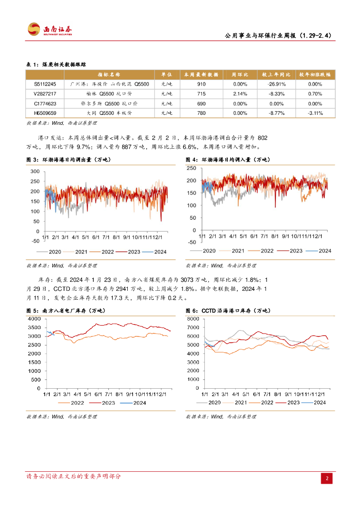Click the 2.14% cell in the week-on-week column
coord(240,93)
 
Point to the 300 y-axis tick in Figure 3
coord(35,171)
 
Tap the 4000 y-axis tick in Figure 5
coord(33,319)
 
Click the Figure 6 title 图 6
coord(192,311)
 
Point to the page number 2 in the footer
coord(327,478)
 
